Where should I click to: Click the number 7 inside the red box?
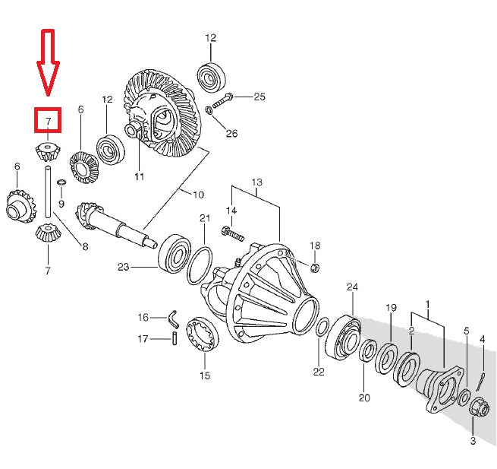click(48, 122)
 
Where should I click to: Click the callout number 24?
click(351, 287)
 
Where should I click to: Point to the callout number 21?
click(204, 219)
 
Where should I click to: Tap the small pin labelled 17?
click(174, 339)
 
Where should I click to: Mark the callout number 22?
click(319, 372)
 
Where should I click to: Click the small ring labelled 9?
click(61, 182)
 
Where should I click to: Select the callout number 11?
click(139, 177)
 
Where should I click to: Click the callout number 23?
click(124, 267)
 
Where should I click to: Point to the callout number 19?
click(392, 308)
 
